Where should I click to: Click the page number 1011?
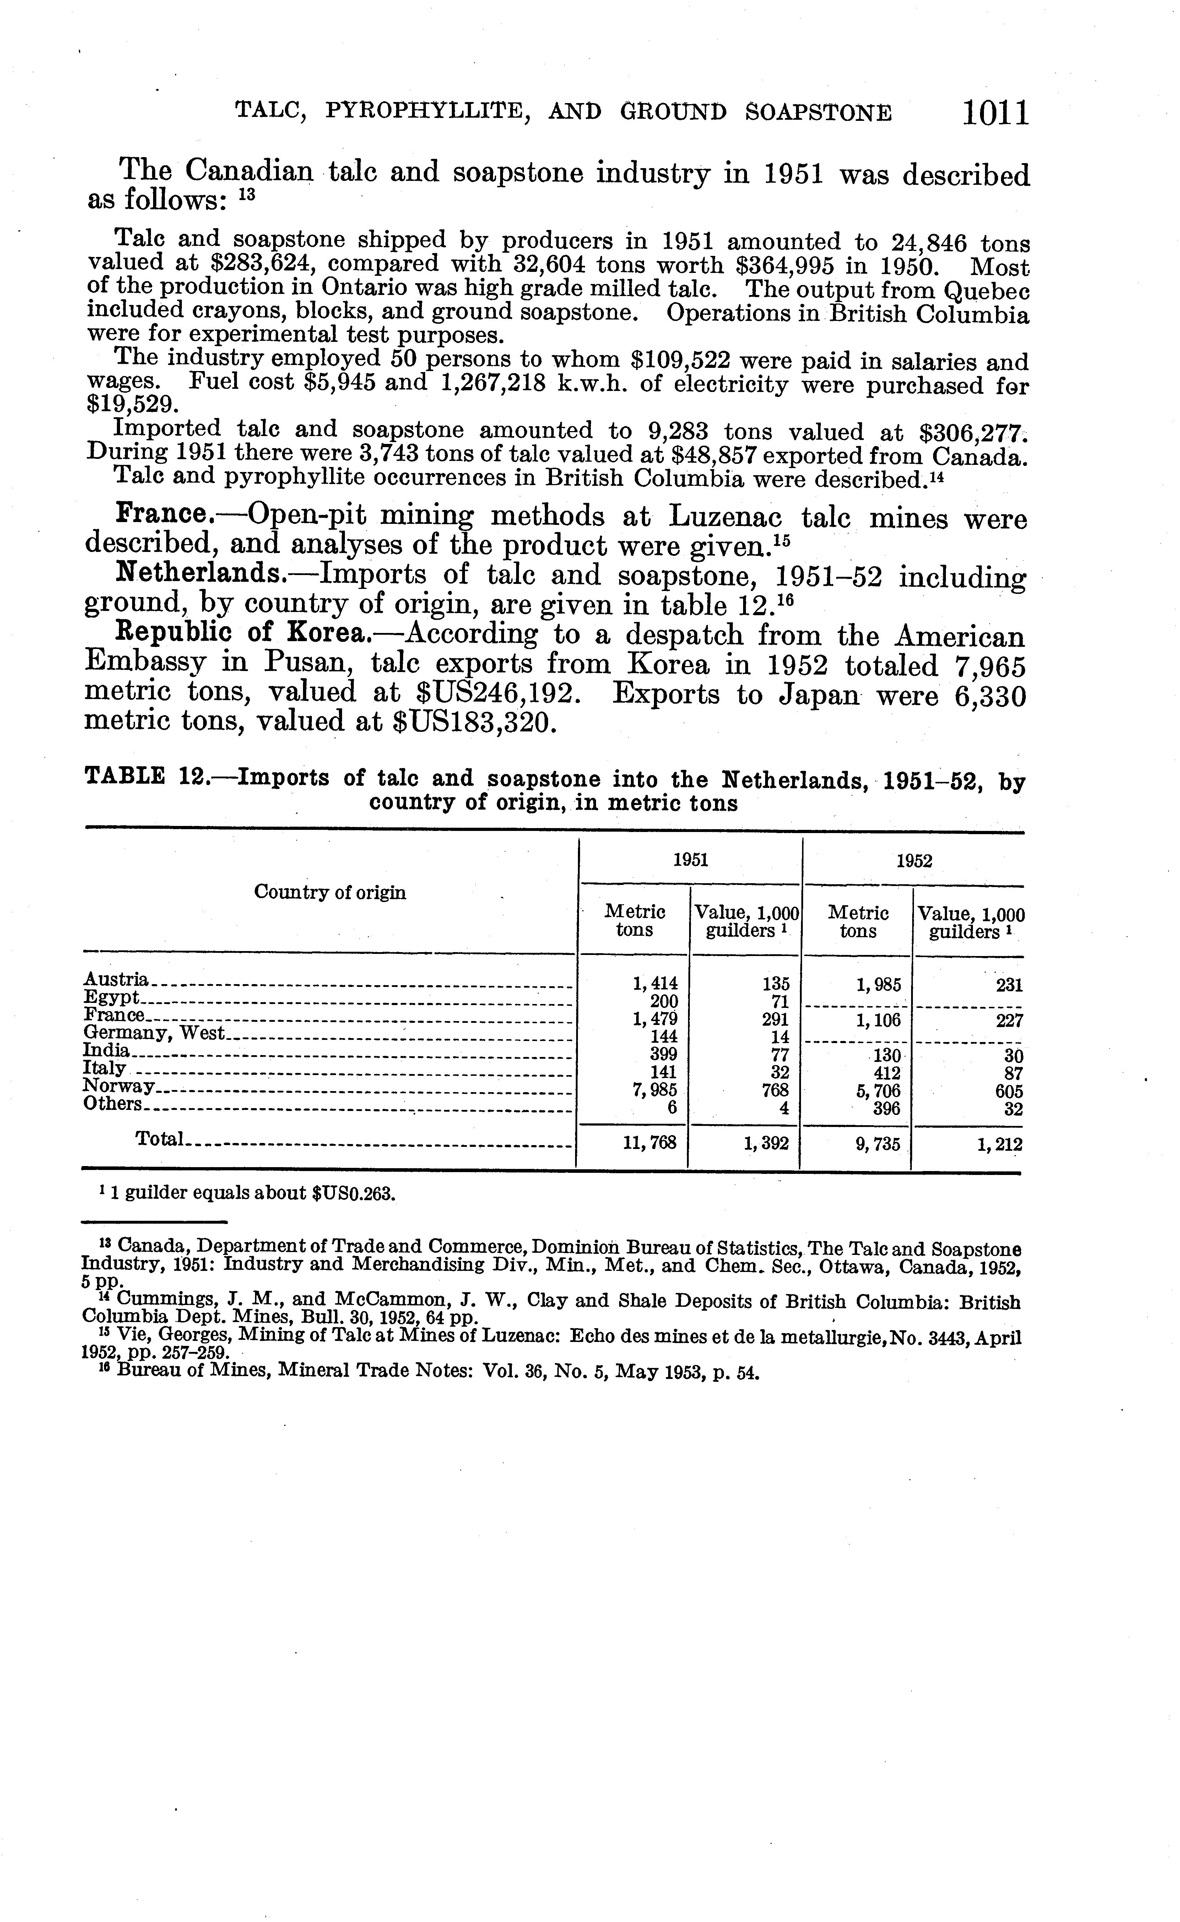coord(996,113)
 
